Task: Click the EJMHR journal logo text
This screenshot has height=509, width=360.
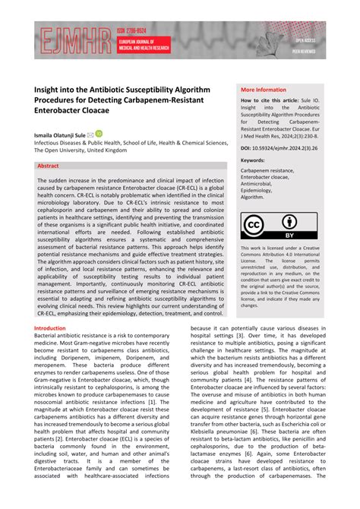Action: click(70, 40)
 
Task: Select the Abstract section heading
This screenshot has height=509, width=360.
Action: click(48, 165)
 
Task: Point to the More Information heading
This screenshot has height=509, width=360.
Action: click(264, 89)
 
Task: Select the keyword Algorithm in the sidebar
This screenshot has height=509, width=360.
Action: click(254, 196)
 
